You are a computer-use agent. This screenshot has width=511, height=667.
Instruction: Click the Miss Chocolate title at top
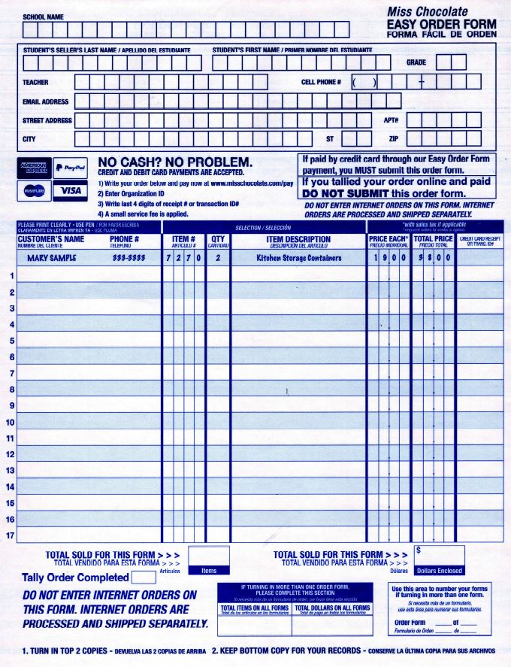tap(427, 11)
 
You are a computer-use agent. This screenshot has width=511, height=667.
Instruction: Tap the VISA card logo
tap(71, 191)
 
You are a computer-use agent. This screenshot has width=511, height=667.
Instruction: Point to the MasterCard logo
tap(33, 191)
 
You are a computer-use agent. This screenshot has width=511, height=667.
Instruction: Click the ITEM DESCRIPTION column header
tap(298, 239)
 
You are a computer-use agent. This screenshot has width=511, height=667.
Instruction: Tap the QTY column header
tap(218, 239)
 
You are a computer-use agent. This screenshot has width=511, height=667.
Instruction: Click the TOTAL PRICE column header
tap(434, 239)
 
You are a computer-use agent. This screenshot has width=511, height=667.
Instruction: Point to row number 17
tap(10, 535)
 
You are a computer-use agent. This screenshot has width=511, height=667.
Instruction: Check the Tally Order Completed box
tap(144, 578)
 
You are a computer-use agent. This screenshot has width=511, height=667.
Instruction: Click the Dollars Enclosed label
tap(439, 571)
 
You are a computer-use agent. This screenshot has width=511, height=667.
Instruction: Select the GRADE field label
tap(416, 62)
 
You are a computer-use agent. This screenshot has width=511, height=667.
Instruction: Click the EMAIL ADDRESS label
tap(46, 102)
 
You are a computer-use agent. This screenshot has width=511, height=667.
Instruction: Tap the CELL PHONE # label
tap(321, 82)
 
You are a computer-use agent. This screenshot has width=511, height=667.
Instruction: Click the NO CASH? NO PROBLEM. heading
tap(175, 162)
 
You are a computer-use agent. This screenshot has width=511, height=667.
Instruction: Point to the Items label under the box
tap(208, 571)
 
